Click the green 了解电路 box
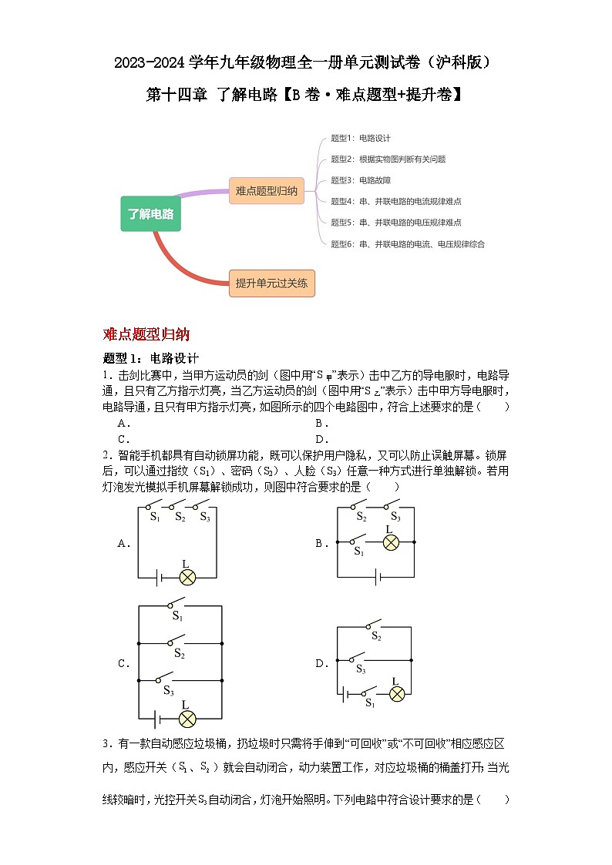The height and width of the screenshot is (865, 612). point(151,214)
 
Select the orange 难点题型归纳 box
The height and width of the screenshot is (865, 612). point(267,190)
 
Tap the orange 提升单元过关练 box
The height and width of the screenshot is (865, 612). point(271,283)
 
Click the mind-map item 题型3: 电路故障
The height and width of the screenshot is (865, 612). point(361,180)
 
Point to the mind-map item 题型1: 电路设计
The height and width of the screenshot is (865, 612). point(361,138)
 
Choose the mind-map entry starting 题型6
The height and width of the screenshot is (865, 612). point(408,244)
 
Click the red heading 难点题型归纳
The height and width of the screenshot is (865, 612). point(146,334)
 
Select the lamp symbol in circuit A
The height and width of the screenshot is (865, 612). point(185,576)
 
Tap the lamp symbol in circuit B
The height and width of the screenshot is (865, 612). point(390,542)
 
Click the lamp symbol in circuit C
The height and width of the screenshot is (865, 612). point(186,719)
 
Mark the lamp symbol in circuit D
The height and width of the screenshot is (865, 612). point(396,693)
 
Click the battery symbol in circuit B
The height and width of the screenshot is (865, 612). point(376,576)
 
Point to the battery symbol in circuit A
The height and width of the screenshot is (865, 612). point(157,576)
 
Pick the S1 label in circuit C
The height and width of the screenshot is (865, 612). point(177,616)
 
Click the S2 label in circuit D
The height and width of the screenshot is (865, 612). point(376,636)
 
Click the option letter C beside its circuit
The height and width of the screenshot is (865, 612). point(122,663)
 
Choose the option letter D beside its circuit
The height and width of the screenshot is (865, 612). point(320,663)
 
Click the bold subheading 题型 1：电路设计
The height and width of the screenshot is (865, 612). point(151,358)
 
